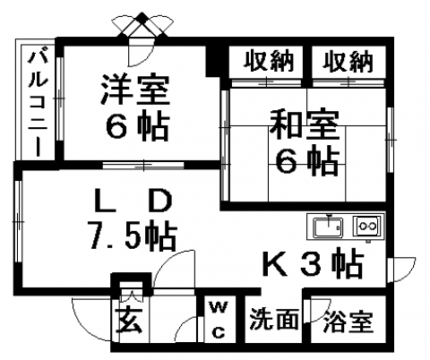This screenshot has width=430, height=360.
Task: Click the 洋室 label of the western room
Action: click(135, 89)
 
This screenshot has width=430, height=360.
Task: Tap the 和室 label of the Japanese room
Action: click(304, 124)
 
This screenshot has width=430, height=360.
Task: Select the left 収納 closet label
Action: click(269, 61)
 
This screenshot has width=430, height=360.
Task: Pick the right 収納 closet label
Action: click(348, 61)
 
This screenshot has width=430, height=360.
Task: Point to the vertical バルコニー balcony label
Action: click(38, 104)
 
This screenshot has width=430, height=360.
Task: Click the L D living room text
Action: click(133, 201)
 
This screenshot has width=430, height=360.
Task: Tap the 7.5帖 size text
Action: click(133, 236)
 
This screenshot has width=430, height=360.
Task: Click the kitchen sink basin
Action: click(328, 227)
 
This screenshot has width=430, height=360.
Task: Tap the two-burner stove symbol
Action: click(367, 227)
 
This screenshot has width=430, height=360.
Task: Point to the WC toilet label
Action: click(219, 320)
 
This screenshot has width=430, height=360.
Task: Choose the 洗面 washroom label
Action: click(274, 319)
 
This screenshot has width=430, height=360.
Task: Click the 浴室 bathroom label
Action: click(348, 321)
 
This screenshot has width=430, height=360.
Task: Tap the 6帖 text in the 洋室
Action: click(137, 125)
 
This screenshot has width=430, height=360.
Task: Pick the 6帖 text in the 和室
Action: click(307, 161)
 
